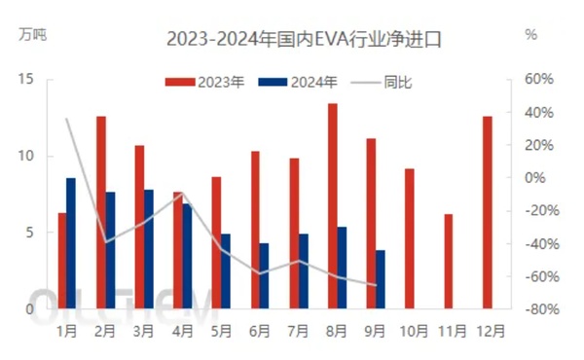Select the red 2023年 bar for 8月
[x=332, y=206]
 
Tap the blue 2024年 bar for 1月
[x=71, y=243]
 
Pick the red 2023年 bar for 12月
[x=487, y=213]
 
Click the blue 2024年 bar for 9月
[x=380, y=279]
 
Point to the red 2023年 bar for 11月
[x=448, y=262]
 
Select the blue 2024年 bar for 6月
[x=264, y=276]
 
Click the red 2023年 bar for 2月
[x=100, y=213]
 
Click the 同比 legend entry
[x=381, y=82]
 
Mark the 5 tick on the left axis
[x=31, y=233]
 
